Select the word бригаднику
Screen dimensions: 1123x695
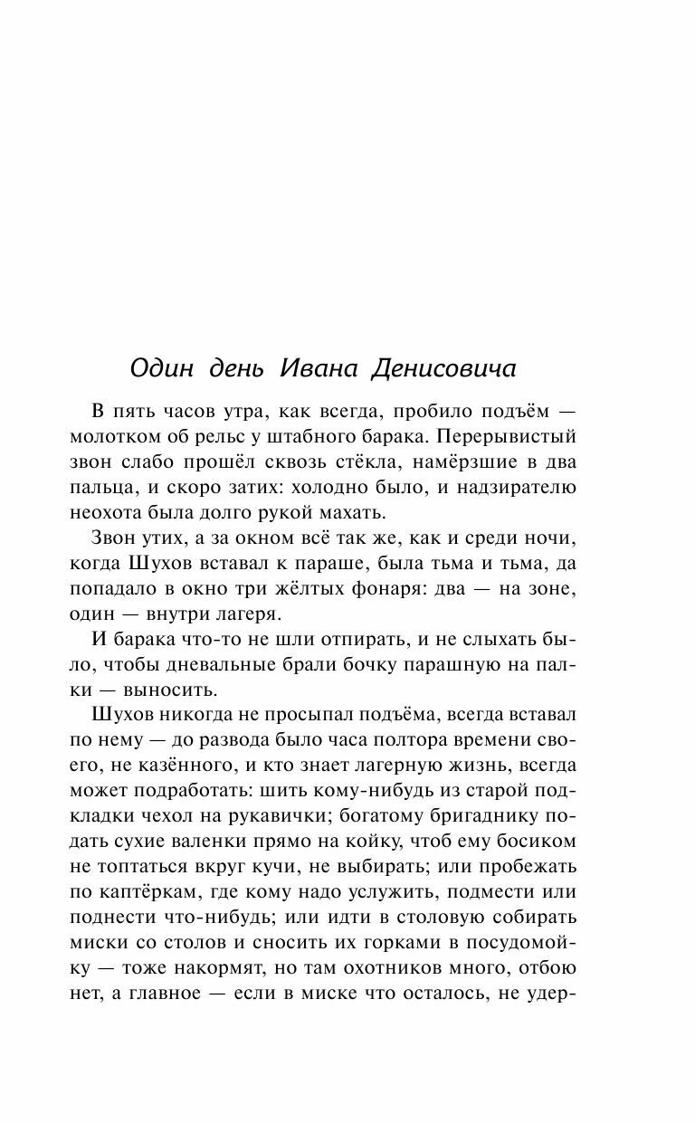tap(488, 792)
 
